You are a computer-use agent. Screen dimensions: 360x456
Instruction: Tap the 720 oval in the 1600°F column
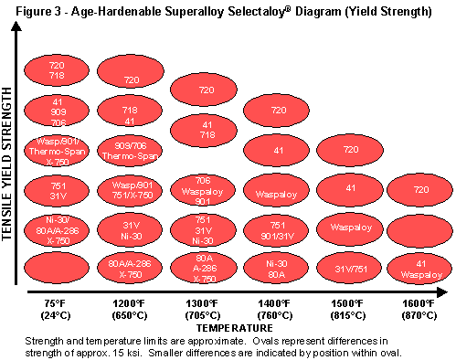pyautogui.click(x=421, y=190)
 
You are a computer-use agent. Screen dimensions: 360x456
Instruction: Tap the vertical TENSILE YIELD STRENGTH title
pyautogui.click(x=8, y=164)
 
